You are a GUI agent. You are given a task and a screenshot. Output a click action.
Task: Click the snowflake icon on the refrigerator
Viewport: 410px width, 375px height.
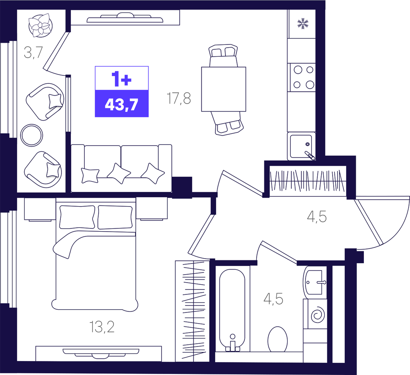tap(303, 23)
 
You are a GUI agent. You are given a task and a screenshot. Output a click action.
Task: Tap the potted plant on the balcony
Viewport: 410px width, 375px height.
tap(41, 25)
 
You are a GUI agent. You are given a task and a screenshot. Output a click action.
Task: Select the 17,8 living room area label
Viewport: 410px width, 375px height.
tap(179, 98)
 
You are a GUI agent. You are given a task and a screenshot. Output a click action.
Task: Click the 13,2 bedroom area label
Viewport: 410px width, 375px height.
tap(102, 327)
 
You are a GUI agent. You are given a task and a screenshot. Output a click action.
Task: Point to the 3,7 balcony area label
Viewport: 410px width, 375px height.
tap(33, 52)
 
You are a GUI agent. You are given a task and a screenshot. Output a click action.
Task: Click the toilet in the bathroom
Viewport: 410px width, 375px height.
tap(277, 339)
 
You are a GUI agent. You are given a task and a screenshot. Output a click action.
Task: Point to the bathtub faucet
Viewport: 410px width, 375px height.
tap(233, 343)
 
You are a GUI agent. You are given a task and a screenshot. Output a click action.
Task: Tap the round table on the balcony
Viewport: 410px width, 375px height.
tap(32, 135)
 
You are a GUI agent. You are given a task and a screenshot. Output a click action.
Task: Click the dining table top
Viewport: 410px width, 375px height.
tap(224, 89)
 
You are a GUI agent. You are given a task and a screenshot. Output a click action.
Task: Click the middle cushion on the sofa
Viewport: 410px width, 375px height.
tap(119, 173)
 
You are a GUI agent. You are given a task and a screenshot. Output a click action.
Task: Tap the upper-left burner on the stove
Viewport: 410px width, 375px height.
tap(298, 70)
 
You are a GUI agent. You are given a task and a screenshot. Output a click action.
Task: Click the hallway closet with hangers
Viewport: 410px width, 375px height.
tap(308, 181)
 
